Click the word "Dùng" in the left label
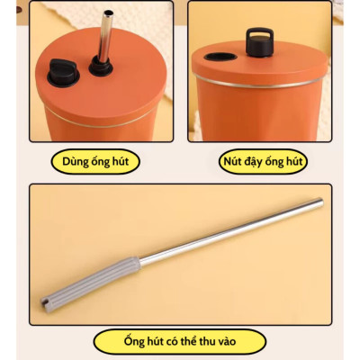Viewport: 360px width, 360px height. (x=73, y=161)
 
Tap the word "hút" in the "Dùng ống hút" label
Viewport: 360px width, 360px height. (x=120, y=161)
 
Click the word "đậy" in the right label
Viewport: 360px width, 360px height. (x=253, y=162)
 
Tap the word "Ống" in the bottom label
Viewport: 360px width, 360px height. (x=133, y=340)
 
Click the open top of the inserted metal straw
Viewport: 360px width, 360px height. (x=108, y=13)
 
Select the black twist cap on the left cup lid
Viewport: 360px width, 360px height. (x=63, y=72)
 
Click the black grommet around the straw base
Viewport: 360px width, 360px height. (x=101, y=66)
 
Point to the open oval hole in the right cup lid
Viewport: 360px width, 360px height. (x=220, y=57)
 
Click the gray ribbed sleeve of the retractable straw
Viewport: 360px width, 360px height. (x=91, y=279)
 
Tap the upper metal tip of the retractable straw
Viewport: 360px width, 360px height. (x=320, y=202)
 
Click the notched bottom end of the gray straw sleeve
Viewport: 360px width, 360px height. (x=45, y=301)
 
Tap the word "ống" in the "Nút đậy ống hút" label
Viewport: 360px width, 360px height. (x=274, y=161)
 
